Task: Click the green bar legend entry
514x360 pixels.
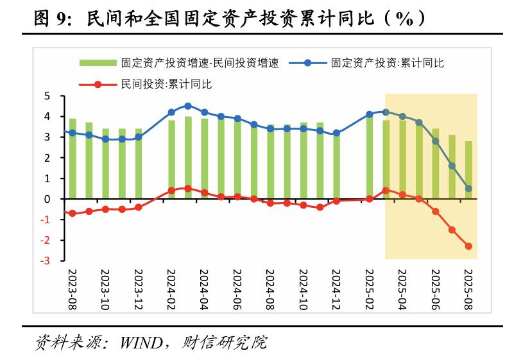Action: pos(179,63)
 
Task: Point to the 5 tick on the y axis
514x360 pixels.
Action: pos(47,96)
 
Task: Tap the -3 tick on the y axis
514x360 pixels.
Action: pos(46,261)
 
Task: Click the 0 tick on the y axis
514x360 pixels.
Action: pos(47,199)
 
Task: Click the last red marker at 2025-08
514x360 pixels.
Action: pos(468,246)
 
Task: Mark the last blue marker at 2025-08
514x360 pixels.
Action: pos(468,189)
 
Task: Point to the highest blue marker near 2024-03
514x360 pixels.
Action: pos(188,106)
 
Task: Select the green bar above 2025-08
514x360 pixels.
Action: pos(468,170)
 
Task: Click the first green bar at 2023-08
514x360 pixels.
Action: pos(73,159)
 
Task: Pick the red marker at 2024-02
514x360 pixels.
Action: pos(171,191)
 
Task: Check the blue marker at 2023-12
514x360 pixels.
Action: pos(139,137)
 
